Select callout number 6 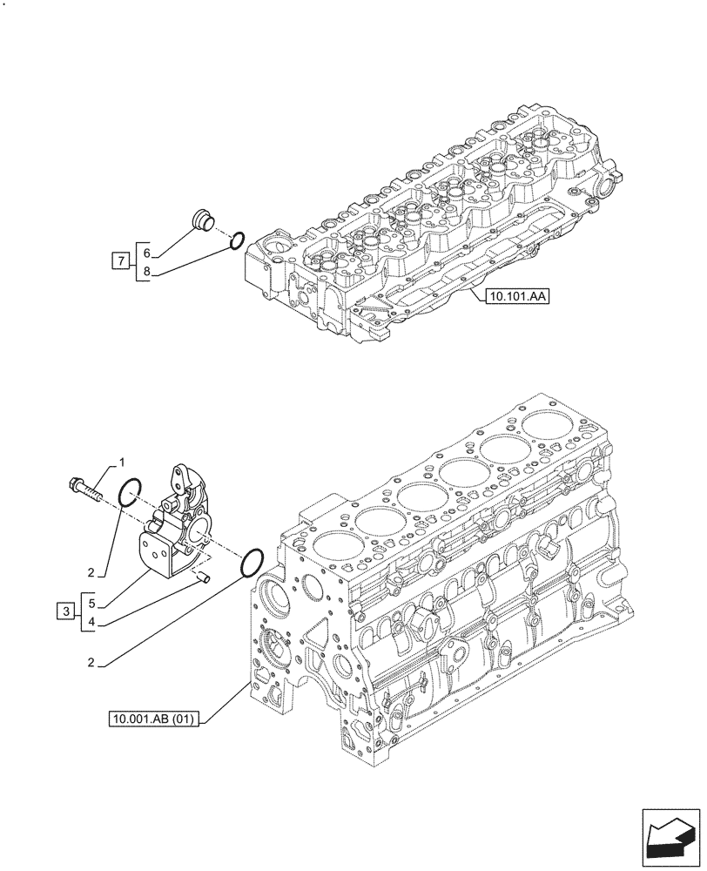[148, 252]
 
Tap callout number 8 [148, 272]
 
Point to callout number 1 [123, 461]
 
